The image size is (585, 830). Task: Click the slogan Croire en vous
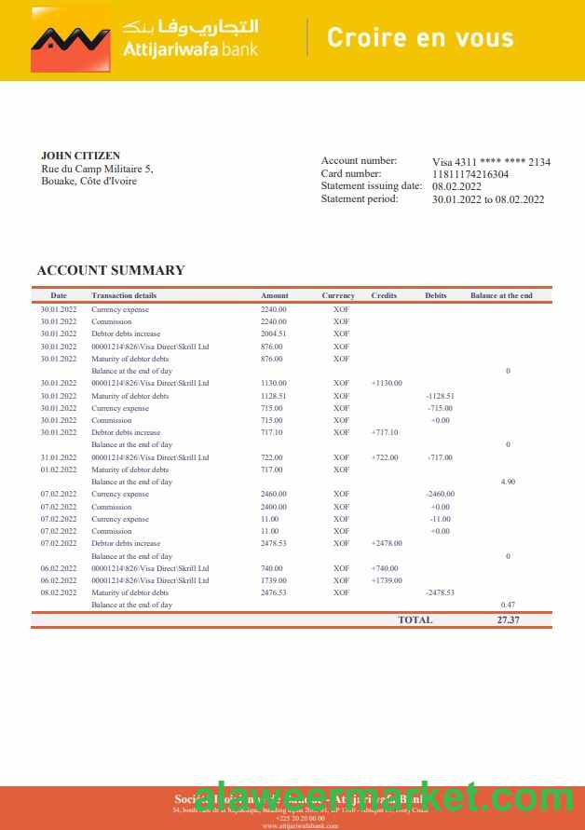click(419, 38)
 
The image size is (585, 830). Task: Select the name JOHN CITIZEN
click(80, 156)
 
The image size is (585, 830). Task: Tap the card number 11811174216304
click(470, 174)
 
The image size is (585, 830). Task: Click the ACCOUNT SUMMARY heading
click(111, 270)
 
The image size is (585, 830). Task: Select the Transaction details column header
click(124, 295)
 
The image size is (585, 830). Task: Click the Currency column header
click(338, 295)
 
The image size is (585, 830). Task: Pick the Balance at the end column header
click(501, 295)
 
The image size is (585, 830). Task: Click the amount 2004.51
click(273, 333)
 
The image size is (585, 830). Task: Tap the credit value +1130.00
click(386, 383)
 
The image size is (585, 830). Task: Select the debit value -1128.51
click(440, 396)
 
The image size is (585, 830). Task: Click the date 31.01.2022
click(59, 457)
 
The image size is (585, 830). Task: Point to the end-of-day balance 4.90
click(508, 482)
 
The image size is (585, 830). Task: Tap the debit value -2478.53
click(440, 592)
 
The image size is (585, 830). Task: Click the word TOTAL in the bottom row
click(415, 619)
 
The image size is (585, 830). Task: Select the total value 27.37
click(508, 619)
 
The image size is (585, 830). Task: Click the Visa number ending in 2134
click(491, 162)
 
